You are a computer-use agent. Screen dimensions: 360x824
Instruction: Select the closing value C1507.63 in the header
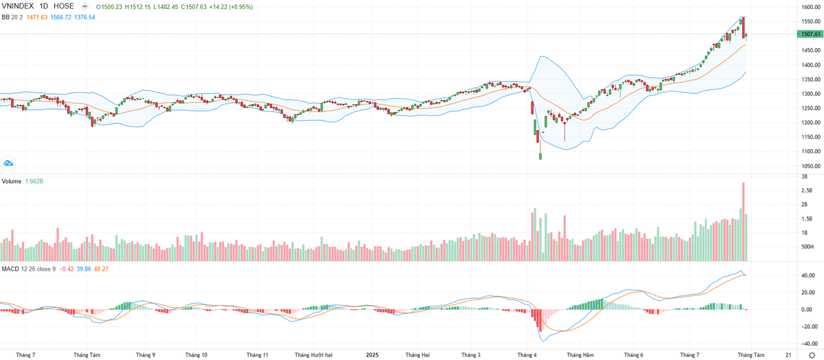(x=198, y=6)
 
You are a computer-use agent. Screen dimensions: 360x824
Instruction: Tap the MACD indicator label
(x=10, y=268)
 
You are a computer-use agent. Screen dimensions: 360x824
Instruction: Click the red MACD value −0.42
(x=67, y=268)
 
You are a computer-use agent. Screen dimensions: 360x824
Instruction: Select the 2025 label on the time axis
(x=372, y=355)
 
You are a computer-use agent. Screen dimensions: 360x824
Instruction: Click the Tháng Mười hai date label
(x=313, y=355)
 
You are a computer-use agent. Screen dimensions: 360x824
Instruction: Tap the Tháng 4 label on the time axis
(x=527, y=355)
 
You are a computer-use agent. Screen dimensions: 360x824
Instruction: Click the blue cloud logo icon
(x=9, y=163)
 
